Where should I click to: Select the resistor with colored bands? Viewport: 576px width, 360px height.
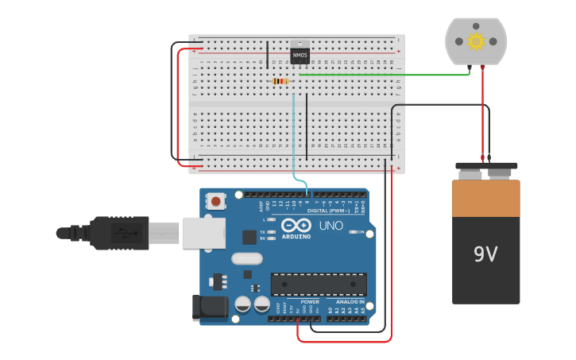click(x=280, y=81)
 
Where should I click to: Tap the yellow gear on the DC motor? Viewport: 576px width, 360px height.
click(x=476, y=41)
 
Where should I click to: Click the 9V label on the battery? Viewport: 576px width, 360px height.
click(x=485, y=254)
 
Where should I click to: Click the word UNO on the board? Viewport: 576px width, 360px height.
click(x=331, y=226)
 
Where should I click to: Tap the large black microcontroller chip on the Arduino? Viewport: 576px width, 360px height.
click(x=319, y=284)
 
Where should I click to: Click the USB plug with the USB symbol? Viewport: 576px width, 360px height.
click(x=119, y=233)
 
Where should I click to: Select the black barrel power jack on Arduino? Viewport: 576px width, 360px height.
click(x=205, y=308)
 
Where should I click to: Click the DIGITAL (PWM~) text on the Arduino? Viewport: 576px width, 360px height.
click(x=330, y=211)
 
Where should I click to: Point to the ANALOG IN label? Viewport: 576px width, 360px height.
click(x=350, y=302)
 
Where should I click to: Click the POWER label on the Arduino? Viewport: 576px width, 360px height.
click(x=310, y=302)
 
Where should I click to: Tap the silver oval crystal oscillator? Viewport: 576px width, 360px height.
click(x=247, y=258)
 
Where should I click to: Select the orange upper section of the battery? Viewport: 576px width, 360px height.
click(x=485, y=198)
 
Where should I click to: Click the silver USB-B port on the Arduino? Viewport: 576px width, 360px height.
click(x=203, y=233)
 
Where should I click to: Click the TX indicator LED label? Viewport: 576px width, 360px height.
click(x=263, y=231)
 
